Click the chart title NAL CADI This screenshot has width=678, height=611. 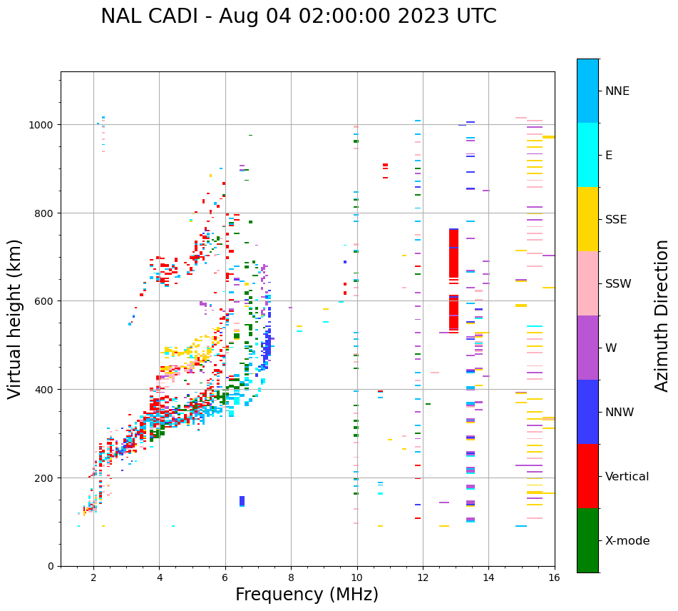(298, 16)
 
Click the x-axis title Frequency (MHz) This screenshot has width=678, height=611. (307, 595)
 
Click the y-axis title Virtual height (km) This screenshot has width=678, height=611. (16, 318)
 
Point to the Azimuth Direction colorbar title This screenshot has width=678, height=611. (662, 315)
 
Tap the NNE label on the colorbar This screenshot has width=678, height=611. (617, 91)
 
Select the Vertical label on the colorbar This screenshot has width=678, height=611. (627, 477)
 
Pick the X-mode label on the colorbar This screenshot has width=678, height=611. (627, 541)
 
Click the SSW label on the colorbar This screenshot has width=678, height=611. (618, 284)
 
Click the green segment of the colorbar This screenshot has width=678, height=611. (587, 540)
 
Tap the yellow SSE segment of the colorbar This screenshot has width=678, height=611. (587, 219)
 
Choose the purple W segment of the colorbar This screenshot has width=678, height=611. (587, 348)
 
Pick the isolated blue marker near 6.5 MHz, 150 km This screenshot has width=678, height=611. (242, 501)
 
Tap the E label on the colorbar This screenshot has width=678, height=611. (609, 156)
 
